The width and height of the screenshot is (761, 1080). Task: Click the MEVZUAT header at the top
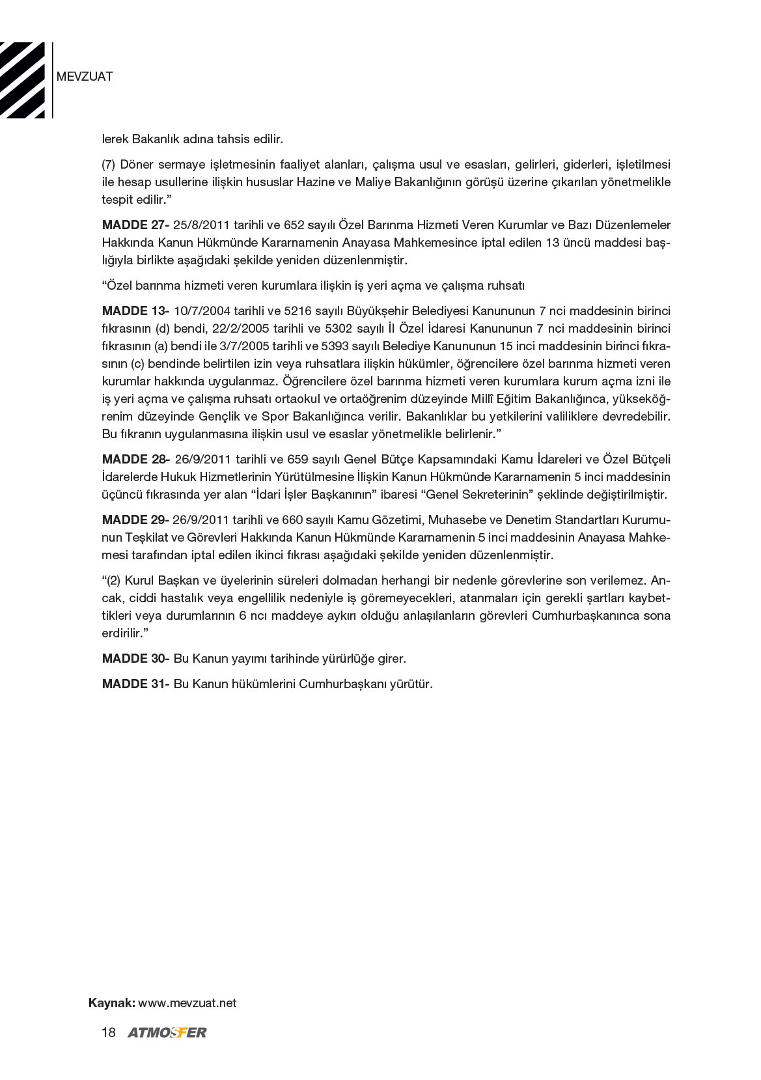click(85, 77)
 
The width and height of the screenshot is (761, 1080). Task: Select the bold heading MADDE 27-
click(135, 225)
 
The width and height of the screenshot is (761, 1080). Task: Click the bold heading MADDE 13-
click(135, 311)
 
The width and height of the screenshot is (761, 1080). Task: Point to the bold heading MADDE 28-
click(135, 459)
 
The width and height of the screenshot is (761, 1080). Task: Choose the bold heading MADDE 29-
click(135, 520)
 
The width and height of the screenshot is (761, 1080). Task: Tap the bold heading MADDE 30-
click(135, 658)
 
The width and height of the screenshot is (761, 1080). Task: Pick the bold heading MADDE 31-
click(135, 684)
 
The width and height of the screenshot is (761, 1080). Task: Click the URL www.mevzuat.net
click(187, 1003)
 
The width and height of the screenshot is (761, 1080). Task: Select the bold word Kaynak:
click(112, 1003)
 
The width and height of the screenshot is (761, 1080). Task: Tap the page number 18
click(108, 1032)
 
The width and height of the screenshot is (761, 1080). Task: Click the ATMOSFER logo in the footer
click(167, 1032)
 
